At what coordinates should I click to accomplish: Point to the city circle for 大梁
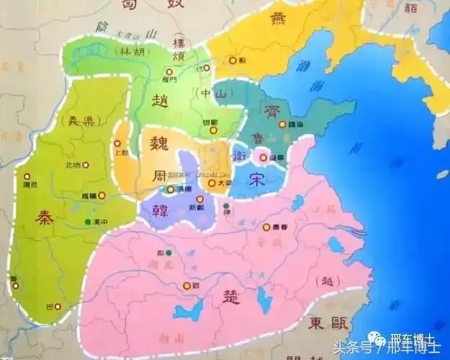(212, 183)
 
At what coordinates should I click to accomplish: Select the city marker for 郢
(187, 285)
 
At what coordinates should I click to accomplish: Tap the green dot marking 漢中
(87, 220)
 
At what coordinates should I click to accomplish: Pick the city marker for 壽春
(266, 227)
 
